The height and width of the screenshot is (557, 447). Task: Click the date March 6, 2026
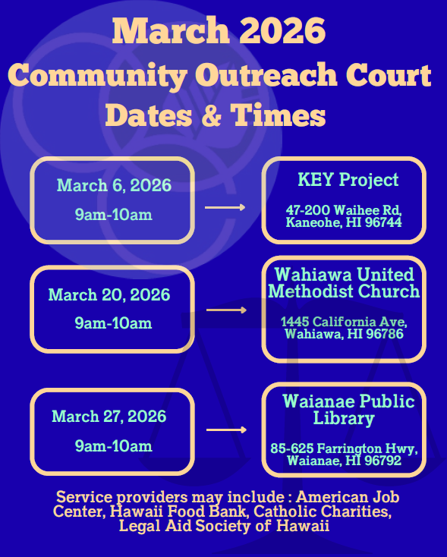(x=114, y=186)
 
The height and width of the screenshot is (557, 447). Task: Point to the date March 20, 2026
(x=109, y=294)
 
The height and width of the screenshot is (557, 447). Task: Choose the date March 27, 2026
(x=109, y=417)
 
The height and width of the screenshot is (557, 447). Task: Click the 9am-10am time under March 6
(x=114, y=215)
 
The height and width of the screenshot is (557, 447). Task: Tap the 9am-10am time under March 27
(x=114, y=445)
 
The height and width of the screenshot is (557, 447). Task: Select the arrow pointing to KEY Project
(x=225, y=207)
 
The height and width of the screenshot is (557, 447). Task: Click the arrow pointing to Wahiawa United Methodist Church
(x=226, y=310)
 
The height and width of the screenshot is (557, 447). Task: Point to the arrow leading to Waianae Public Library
(x=226, y=430)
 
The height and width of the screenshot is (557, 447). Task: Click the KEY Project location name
(x=348, y=181)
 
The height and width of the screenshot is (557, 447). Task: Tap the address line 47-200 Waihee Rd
(x=344, y=209)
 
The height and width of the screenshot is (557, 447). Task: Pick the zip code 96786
(x=386, y=334)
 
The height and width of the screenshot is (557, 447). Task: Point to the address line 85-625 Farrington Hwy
(x=344, y=448)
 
